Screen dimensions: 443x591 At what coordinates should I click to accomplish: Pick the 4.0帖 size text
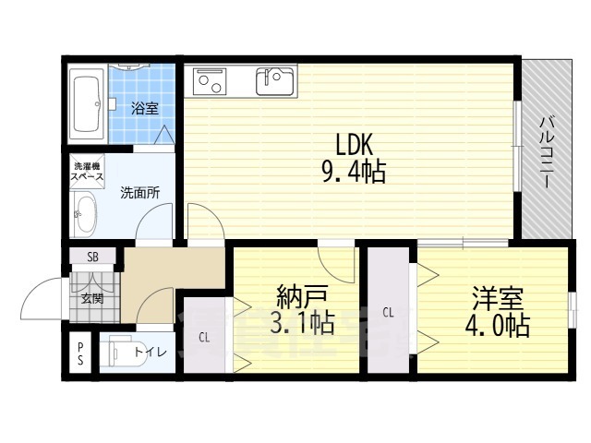(x=499, y=325)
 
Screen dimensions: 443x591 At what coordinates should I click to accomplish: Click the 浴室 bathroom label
(x=144, y=108)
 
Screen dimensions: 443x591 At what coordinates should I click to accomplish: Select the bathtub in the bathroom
(x=87, y=104)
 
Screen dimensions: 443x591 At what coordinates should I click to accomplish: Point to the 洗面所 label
(x=140, y=194)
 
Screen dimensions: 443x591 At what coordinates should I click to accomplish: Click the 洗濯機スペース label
(x=88, y=171)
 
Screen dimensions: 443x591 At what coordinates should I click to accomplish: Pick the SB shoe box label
(x=92, y=257)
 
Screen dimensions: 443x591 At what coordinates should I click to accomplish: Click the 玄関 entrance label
(x=92, y=297)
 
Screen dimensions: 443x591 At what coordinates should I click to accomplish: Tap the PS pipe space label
(x=80, y=352)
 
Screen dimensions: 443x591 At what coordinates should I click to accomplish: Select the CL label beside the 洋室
(x=389, y=312)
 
